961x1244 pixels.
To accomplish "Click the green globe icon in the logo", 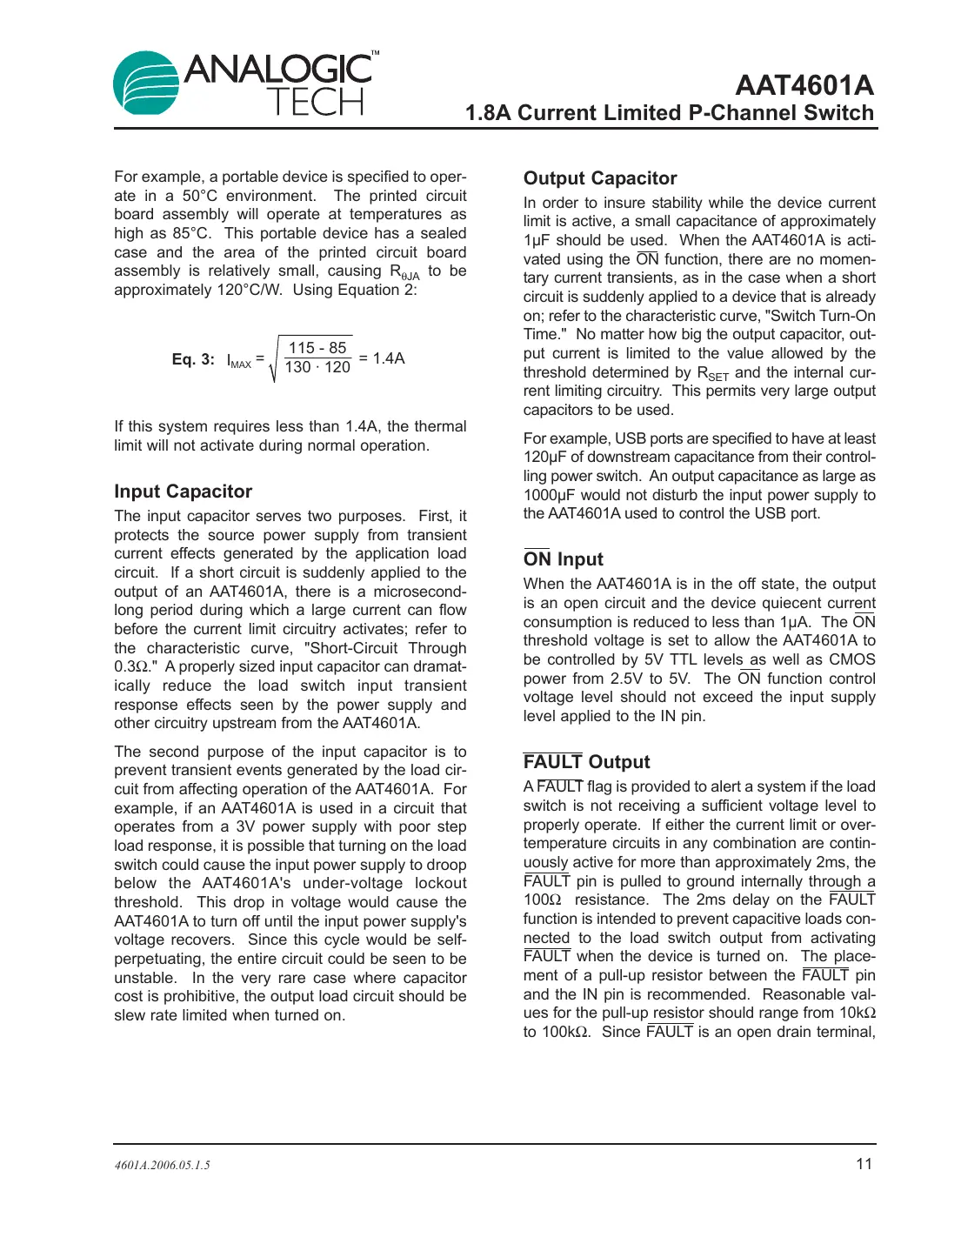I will tap(145, 84).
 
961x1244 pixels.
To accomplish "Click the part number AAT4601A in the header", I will tap(804, 85).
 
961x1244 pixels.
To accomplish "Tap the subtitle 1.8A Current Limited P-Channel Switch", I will tap(669, 113).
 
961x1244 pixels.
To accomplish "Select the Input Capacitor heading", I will tap(183, 492).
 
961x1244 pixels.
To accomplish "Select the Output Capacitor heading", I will tap(599, 178).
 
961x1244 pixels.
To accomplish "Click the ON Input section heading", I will tap(563, 559).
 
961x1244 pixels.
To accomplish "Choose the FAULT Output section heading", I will tap(586, 762).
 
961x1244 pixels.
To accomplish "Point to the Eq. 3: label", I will tap(193, 359).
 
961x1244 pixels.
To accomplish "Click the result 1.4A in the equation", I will tap(388, 358).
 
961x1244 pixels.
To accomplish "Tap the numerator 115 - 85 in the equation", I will tap(317, 347).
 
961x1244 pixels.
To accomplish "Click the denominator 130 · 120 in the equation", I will tap(317, 367).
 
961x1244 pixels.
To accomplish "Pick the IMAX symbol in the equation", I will tap(238, 361).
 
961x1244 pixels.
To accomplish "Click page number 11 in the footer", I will tap(864, 1164).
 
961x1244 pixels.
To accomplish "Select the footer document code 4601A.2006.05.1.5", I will tap(162, 1165).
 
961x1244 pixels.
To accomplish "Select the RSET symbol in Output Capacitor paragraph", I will tap(712, 373).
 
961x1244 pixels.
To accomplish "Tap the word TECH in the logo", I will tap(315, 103).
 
